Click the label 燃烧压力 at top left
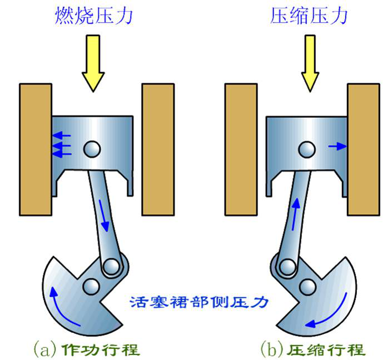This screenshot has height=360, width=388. [94, 16]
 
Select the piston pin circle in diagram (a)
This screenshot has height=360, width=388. [92, 148]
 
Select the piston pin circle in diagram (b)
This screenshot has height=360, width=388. [306, 148]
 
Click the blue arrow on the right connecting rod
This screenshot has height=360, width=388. [295, 211]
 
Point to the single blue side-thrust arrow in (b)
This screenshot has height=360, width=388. [336, 146]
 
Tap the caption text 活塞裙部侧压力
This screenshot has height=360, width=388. [199, 302]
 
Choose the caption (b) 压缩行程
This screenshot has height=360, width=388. [313, 349]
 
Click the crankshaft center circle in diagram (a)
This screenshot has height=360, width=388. [89, 287]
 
